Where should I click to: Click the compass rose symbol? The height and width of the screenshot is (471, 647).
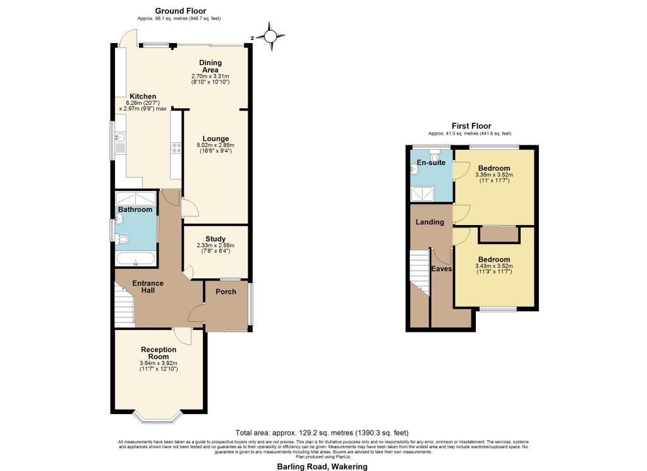pyautogui.click(x=272, y=37)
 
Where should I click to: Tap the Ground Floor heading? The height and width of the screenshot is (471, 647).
pyautogui.click(x=180, y=11)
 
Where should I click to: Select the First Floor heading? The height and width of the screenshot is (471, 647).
pyautogui.click(x=471, y=126)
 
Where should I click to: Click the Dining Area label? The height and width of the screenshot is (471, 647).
pyautogui.click(x=210, y=66)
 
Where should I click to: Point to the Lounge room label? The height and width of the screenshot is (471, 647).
pyautogui.click(x=215, y=138)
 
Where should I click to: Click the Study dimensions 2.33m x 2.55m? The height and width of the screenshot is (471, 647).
pyautogui.click(x=215, y=248)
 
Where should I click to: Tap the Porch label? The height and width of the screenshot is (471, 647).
pyautogui.click(x=226, y=291)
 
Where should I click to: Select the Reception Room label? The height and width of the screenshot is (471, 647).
pyautogui.click(x=159, y=353)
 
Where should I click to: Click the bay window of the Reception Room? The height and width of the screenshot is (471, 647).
pyautogui.click(x=159, y=417)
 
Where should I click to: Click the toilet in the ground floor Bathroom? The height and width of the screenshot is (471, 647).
pyautogui.click(x=123, y=239)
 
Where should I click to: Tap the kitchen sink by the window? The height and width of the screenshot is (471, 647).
pyautogui.click(x=120, y=138)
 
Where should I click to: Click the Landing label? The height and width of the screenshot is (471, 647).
pyautogui.click(x=430, y=222)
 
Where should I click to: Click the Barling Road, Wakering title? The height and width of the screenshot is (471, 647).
pyautogui.click(x=322, y=467)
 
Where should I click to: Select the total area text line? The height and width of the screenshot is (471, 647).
pyautogui.click(x=322, y=432)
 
